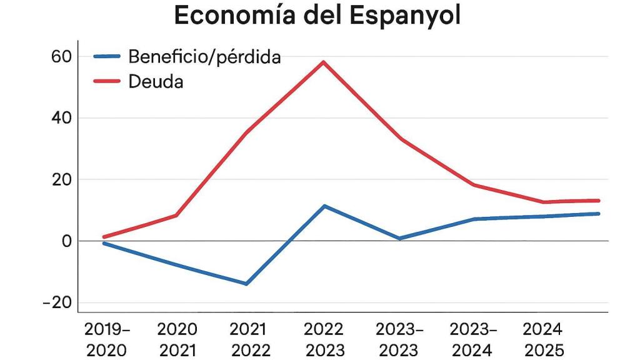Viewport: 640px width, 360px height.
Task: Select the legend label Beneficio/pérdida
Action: (204, 57)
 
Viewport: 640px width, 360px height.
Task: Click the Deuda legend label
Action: (156, 81)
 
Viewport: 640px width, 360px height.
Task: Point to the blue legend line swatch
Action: (106, 57)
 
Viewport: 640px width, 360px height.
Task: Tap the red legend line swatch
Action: (106, 81)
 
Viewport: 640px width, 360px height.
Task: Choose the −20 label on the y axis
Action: (57, 303)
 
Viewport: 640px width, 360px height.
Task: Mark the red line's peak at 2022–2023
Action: (324, 62)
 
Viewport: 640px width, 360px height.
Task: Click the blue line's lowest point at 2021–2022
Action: (247, 284)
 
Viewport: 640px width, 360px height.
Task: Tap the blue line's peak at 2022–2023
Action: (324, 206)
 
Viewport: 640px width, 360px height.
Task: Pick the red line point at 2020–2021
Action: (177, 215)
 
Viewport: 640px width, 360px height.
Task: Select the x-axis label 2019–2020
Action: (107, 339)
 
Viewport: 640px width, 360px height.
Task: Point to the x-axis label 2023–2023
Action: (400, 339)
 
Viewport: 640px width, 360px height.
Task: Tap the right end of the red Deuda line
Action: (598, 201)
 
